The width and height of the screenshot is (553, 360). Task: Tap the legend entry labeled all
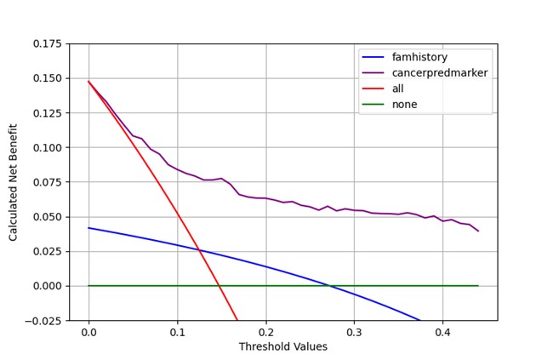[400, 89]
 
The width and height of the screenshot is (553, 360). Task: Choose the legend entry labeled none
[405, 105]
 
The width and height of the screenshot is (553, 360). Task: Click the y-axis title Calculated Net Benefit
[14, 181]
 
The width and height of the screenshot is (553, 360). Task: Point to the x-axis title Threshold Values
[282, 347]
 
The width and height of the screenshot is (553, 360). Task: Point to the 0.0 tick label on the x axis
[88, 333]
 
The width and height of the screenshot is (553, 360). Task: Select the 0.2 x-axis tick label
[265, 333]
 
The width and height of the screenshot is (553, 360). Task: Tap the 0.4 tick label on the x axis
[442, 333]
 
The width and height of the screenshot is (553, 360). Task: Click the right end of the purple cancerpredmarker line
[478, 231]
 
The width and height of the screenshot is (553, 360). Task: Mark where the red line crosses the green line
[219, 286]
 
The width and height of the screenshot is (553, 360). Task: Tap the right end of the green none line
[478, 286]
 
